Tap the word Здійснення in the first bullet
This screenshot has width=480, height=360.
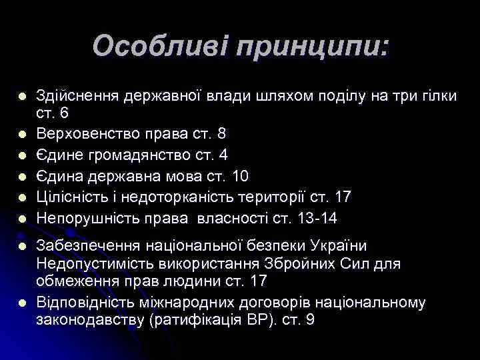75,96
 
